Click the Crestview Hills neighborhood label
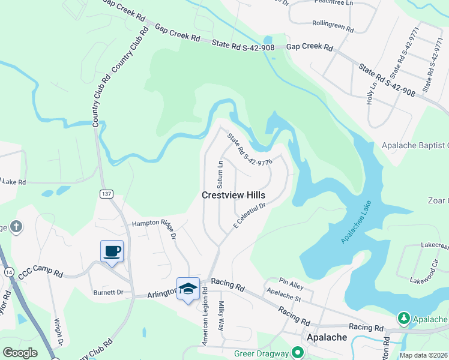[x=234, y=196]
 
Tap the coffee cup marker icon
[x=112, y=251]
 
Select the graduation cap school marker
[x=188, y=289]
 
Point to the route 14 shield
[x=8, y=272]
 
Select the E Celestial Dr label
[x=249, y=215]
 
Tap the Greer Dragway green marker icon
[x=297, y=353]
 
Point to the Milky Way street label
[x=220, y=316]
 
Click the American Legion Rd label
[x=205, y=316]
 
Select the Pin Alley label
[x=292, y=281]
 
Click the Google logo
[x=20, y=352]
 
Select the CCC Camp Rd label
[x=41, y=272]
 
